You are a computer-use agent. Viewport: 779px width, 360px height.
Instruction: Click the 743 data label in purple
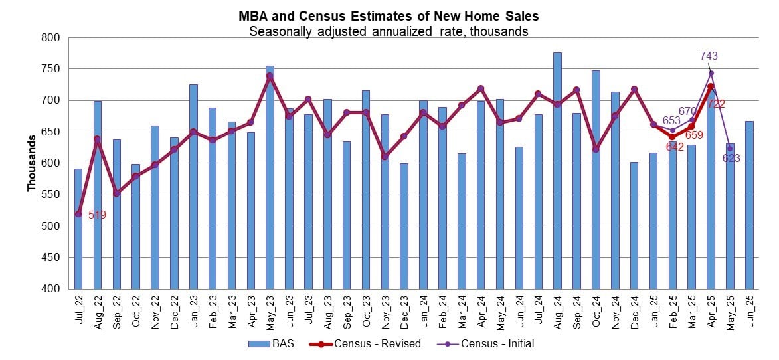(x=709, y=56)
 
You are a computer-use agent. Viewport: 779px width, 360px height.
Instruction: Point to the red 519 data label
(x=97, y=215)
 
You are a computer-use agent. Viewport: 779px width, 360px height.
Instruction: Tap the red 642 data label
(x=675, y=146)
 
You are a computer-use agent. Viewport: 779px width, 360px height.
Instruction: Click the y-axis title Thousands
(x=31, y=163)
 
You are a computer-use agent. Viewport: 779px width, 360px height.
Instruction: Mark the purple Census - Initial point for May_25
(x=730, y=149)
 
